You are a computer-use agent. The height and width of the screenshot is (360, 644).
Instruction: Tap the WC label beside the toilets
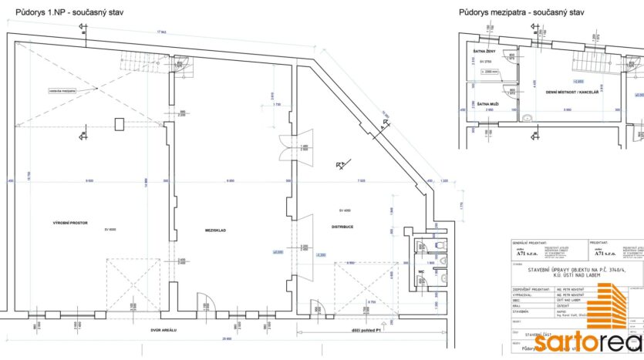[422, 271]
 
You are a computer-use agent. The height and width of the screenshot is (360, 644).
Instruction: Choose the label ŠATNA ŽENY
[485, 51]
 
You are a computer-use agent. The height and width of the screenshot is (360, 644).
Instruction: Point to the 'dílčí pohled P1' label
[365, 331]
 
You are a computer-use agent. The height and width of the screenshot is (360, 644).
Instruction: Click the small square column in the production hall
[118, 124]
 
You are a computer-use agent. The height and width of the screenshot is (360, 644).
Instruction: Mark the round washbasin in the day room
[528, 118]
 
